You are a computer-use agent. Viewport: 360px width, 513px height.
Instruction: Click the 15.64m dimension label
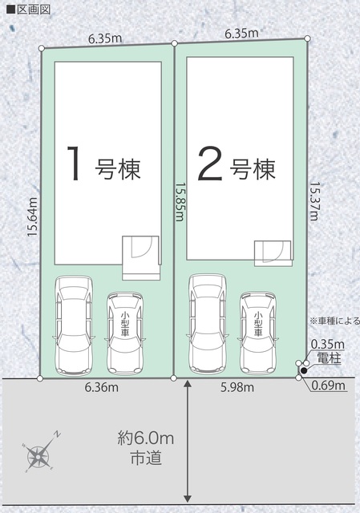pos(33,217)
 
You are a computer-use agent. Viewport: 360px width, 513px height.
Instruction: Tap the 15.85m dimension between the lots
pos(180,201)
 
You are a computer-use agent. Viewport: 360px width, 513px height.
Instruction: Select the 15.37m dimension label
pos(313,201)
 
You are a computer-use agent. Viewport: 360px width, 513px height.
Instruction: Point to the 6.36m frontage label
pos(102,388)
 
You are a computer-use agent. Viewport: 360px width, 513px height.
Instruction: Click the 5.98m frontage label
pos(237,388)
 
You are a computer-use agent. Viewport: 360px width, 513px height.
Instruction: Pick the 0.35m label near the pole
pos(328,344)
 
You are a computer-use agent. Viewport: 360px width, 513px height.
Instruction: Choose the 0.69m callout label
pos(328,386)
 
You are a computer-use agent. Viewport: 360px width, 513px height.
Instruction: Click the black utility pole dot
pos(304,370)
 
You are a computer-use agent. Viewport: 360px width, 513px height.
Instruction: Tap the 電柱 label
pos(329,358)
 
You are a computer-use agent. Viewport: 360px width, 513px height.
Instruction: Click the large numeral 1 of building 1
pos(74,163)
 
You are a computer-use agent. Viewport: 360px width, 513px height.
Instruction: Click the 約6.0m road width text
pos(146,438)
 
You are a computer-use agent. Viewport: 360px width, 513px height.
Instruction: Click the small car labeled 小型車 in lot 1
pos(125,333)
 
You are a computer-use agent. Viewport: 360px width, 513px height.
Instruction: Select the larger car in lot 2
pos(208,324)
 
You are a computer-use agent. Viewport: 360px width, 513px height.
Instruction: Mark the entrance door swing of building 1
pos(141,248)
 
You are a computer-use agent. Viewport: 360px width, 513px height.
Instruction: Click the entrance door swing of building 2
pos(273,252)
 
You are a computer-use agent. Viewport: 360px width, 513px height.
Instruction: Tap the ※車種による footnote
pos(335,321)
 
